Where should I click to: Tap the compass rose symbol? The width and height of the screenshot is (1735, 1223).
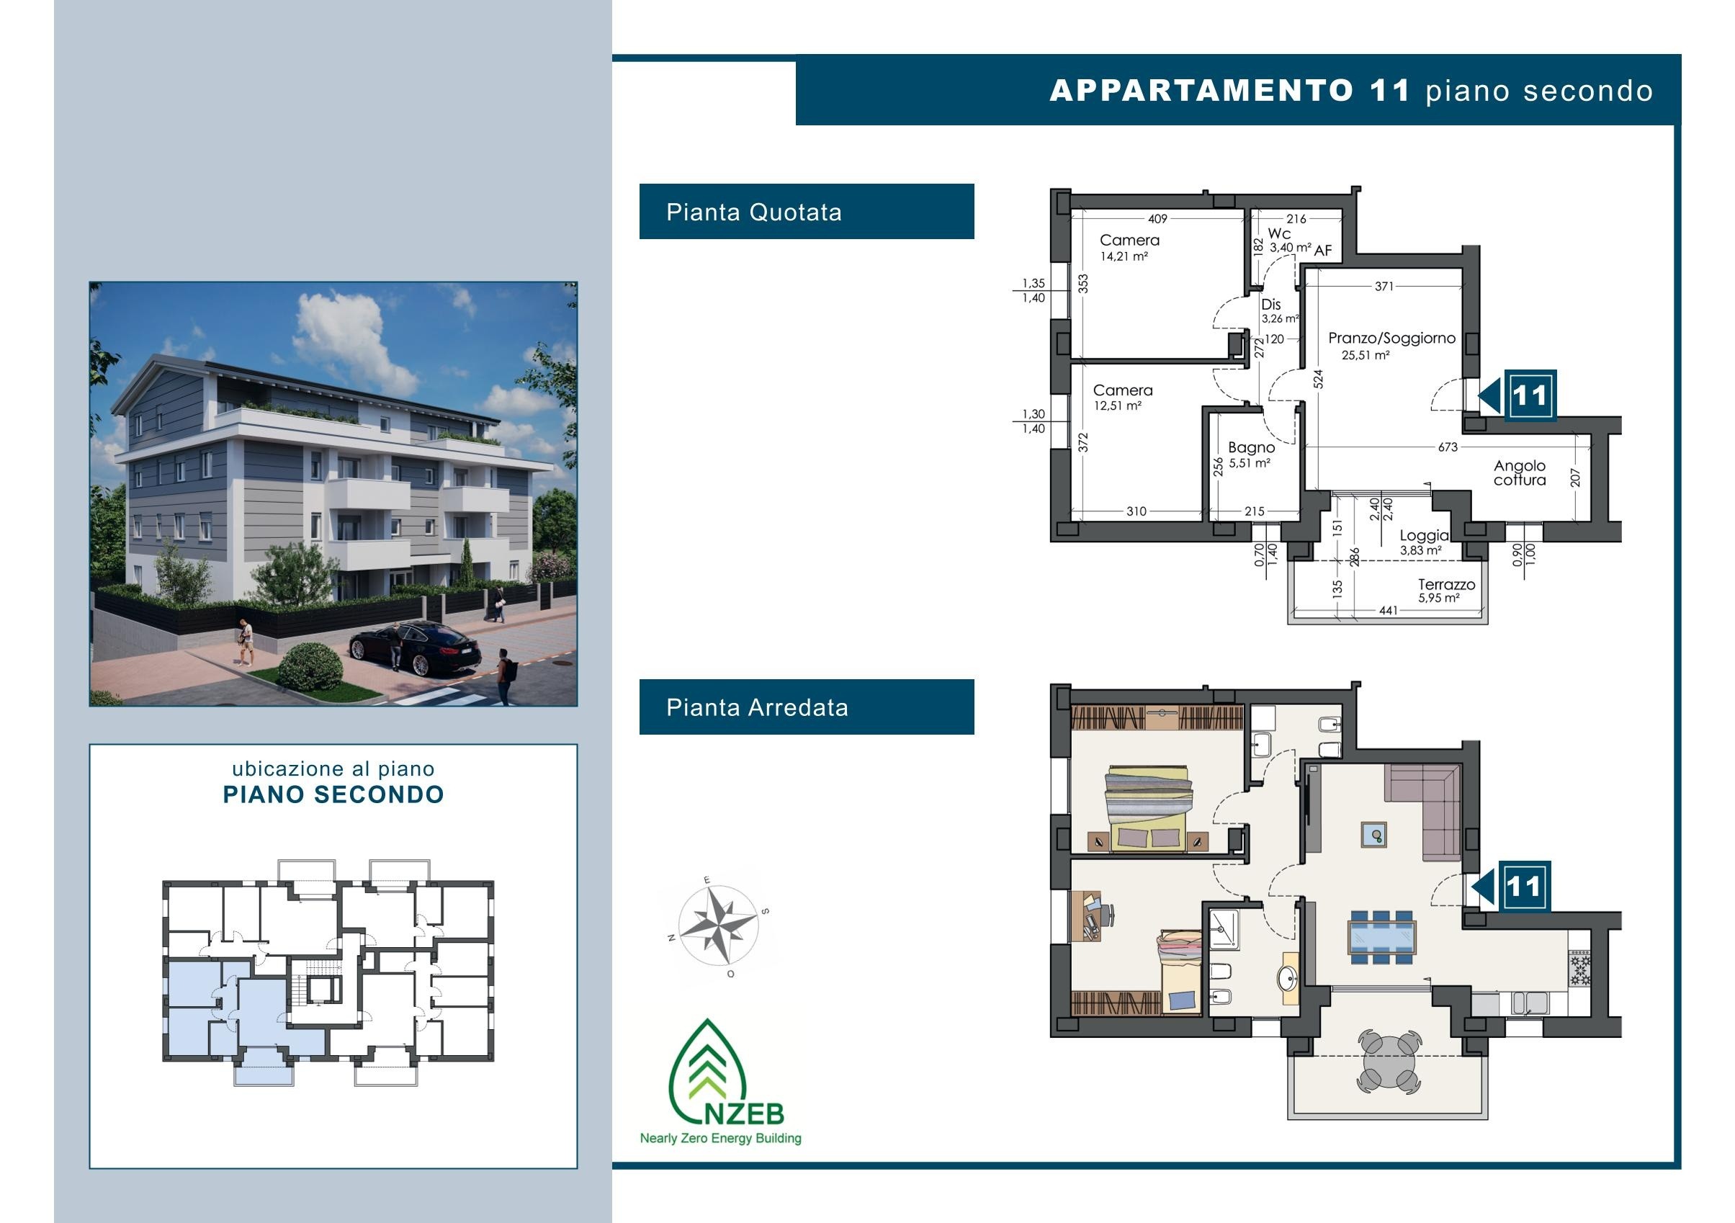click(718, 924)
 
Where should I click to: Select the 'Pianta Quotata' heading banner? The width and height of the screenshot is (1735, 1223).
click(807, 212)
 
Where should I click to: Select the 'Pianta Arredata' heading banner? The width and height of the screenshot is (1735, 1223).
click(807, 707)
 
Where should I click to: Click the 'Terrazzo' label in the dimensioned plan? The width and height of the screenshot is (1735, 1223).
click(1446, 584)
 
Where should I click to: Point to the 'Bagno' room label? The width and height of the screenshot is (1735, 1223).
click(1252, 447)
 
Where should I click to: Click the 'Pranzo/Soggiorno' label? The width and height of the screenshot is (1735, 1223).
click(1392, 338)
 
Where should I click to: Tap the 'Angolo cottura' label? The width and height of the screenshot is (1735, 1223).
click(1520, 472)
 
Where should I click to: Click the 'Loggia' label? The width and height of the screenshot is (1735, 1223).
click(1425, 535)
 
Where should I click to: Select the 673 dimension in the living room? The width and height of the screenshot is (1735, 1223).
click(1448, 447)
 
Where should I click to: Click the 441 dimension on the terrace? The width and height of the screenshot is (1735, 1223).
click(1388, 610)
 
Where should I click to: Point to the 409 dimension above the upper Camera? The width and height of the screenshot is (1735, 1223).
click(1157, 218)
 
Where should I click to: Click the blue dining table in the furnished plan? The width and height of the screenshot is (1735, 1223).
click(1381, 937)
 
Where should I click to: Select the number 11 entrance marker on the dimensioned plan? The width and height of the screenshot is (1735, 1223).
click(1530, 395)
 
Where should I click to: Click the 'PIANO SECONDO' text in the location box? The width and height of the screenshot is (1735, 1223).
click(333, 794)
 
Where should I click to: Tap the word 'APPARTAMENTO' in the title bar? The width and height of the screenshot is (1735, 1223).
click(1201, 91)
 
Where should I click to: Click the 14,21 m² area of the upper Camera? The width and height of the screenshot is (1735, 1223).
click(1124, 256)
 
